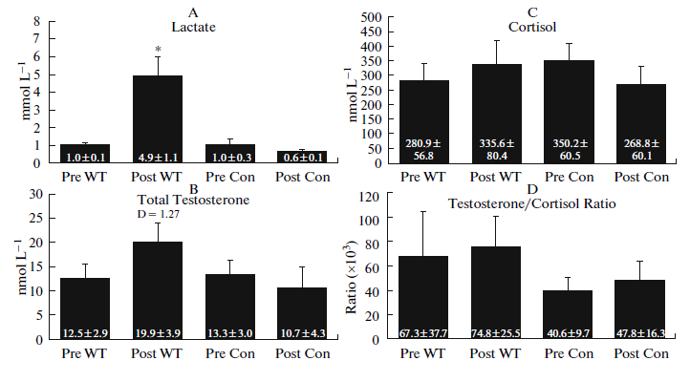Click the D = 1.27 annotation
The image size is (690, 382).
pos(158,214)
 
